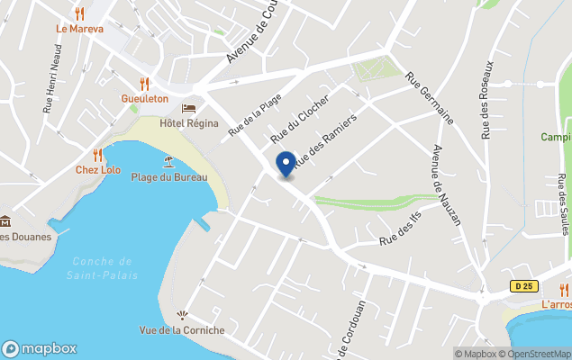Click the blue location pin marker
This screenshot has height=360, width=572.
click(286, 165)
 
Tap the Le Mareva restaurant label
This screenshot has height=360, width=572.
click(79, 29)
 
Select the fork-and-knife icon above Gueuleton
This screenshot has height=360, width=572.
click(144, 84)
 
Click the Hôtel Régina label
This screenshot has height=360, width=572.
click(189, 123)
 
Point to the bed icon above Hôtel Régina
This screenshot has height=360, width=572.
click(189, 108)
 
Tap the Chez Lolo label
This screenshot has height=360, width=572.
click(97, 170)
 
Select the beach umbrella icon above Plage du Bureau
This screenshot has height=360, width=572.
click(168, 162)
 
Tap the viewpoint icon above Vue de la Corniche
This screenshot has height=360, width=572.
click(182, 316)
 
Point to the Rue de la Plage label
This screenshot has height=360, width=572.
click(255, 115)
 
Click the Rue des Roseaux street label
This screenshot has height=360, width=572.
click(487, 99)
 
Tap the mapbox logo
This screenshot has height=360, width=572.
click(41, 348)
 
